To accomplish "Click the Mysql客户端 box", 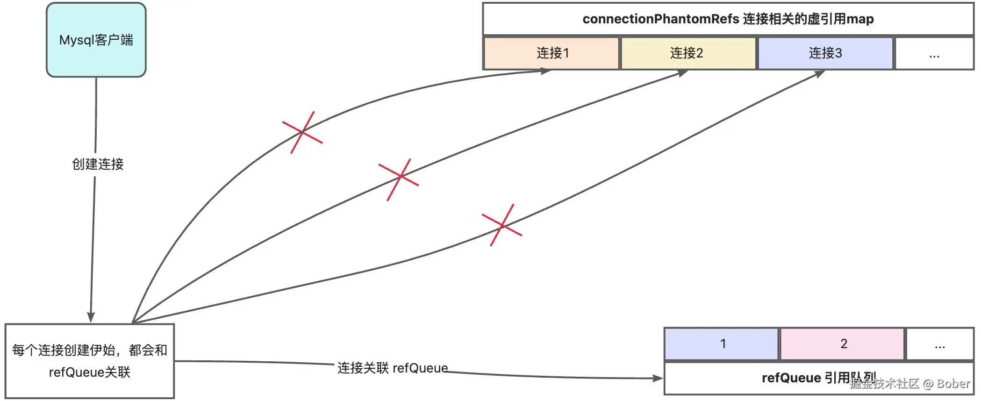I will (96, 40).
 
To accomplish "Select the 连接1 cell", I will (551, 53).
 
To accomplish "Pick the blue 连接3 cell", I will (825, 53).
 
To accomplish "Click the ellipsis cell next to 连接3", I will (934, 54).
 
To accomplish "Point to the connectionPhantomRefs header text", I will (728, 19).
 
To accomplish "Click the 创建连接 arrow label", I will (98, 164).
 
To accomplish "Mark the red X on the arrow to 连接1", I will (302, 132).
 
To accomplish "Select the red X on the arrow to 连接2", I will (399, 179).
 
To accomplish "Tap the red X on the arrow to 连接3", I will (502, 225).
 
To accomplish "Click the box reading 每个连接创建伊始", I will (90, 361).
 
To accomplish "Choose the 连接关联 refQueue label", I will (393, 368).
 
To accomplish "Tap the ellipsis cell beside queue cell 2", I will (940, 345).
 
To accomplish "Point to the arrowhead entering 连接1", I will (546, 71).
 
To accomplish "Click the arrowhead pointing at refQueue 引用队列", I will (658, 378).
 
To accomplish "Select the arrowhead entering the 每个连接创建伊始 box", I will (91, 317).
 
